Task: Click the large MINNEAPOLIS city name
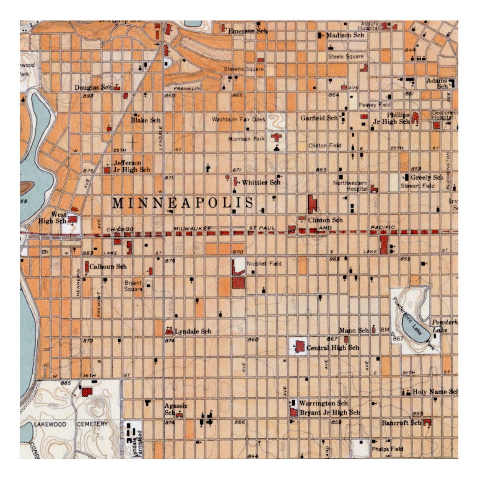(183, 203)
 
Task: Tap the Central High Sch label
(333, 348)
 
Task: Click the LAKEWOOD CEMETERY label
(70, 424)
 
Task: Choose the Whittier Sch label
(261, 182)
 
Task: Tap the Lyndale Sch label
(193, 331)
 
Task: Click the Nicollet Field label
(264, 264)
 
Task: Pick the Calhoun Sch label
(108, 266)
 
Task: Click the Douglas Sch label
(93, 88)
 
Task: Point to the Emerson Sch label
(247, 31)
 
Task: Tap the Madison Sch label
(345, 35)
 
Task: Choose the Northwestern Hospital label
(351, 186)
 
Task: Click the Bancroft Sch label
(401, 423)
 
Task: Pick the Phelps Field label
(387, 449)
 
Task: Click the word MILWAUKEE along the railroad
(192, 228)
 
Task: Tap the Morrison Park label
(247, 139)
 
